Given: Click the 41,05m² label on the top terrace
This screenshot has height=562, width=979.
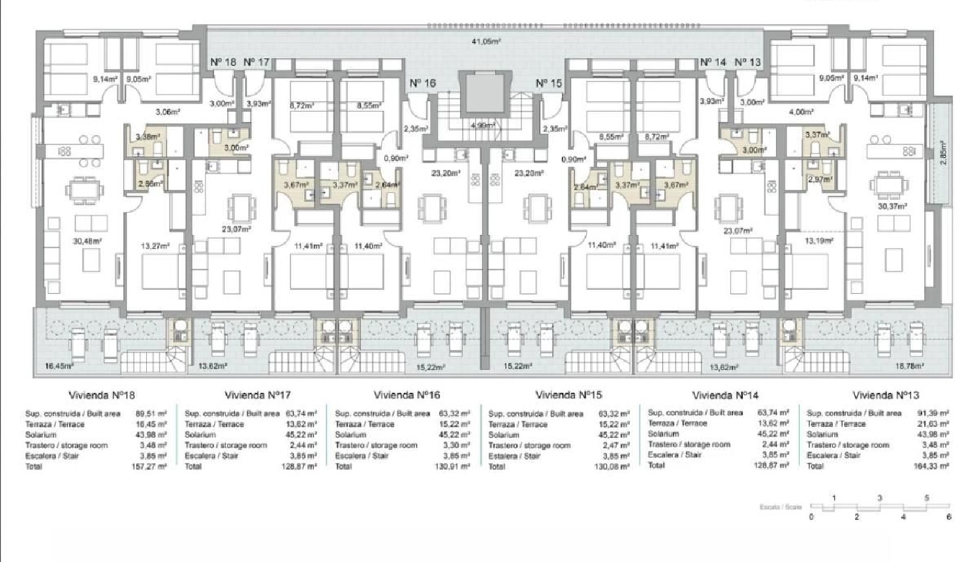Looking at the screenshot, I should (486, 41).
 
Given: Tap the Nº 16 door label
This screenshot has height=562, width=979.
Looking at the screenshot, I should (422, 84).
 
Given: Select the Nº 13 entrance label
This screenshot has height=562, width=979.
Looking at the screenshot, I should (747, 62).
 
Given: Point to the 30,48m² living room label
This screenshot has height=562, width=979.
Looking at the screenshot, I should (87, 241).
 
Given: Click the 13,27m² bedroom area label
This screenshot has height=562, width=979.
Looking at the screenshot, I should (155, 246).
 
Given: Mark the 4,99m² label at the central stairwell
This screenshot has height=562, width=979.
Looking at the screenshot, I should (482, 125).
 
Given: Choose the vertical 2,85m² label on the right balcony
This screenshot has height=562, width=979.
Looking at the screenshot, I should (942, 154).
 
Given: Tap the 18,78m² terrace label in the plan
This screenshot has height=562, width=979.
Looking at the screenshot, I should (909, 366).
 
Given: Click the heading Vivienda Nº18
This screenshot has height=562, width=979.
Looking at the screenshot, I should (101, 395).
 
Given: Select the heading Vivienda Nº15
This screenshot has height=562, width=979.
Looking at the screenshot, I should (568, 395).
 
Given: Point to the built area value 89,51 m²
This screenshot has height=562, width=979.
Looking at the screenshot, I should (151, 414).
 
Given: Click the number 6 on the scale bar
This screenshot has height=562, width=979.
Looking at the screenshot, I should (948, 517).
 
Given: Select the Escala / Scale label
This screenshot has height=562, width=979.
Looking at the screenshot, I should (780, 507).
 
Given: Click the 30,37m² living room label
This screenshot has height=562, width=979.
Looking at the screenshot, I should (892, 206).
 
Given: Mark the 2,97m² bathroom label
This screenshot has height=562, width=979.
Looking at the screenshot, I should (820, 180).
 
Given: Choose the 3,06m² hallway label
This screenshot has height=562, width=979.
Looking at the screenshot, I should (167, 112).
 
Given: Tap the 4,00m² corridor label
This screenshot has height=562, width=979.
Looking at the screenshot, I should (800, 112).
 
